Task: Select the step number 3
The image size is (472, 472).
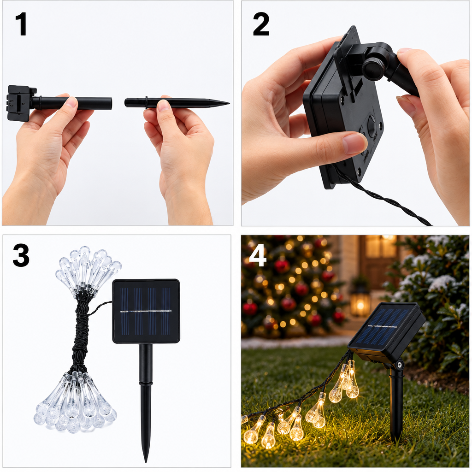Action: (21, 255)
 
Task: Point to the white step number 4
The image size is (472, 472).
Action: (258, 255)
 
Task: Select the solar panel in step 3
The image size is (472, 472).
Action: (146, 311)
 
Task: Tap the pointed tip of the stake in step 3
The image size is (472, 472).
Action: (146, 460)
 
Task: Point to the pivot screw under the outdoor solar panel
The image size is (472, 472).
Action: (400, 365)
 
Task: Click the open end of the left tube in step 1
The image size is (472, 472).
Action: (111, 103)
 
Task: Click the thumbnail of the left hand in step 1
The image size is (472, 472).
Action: (72, 101)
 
